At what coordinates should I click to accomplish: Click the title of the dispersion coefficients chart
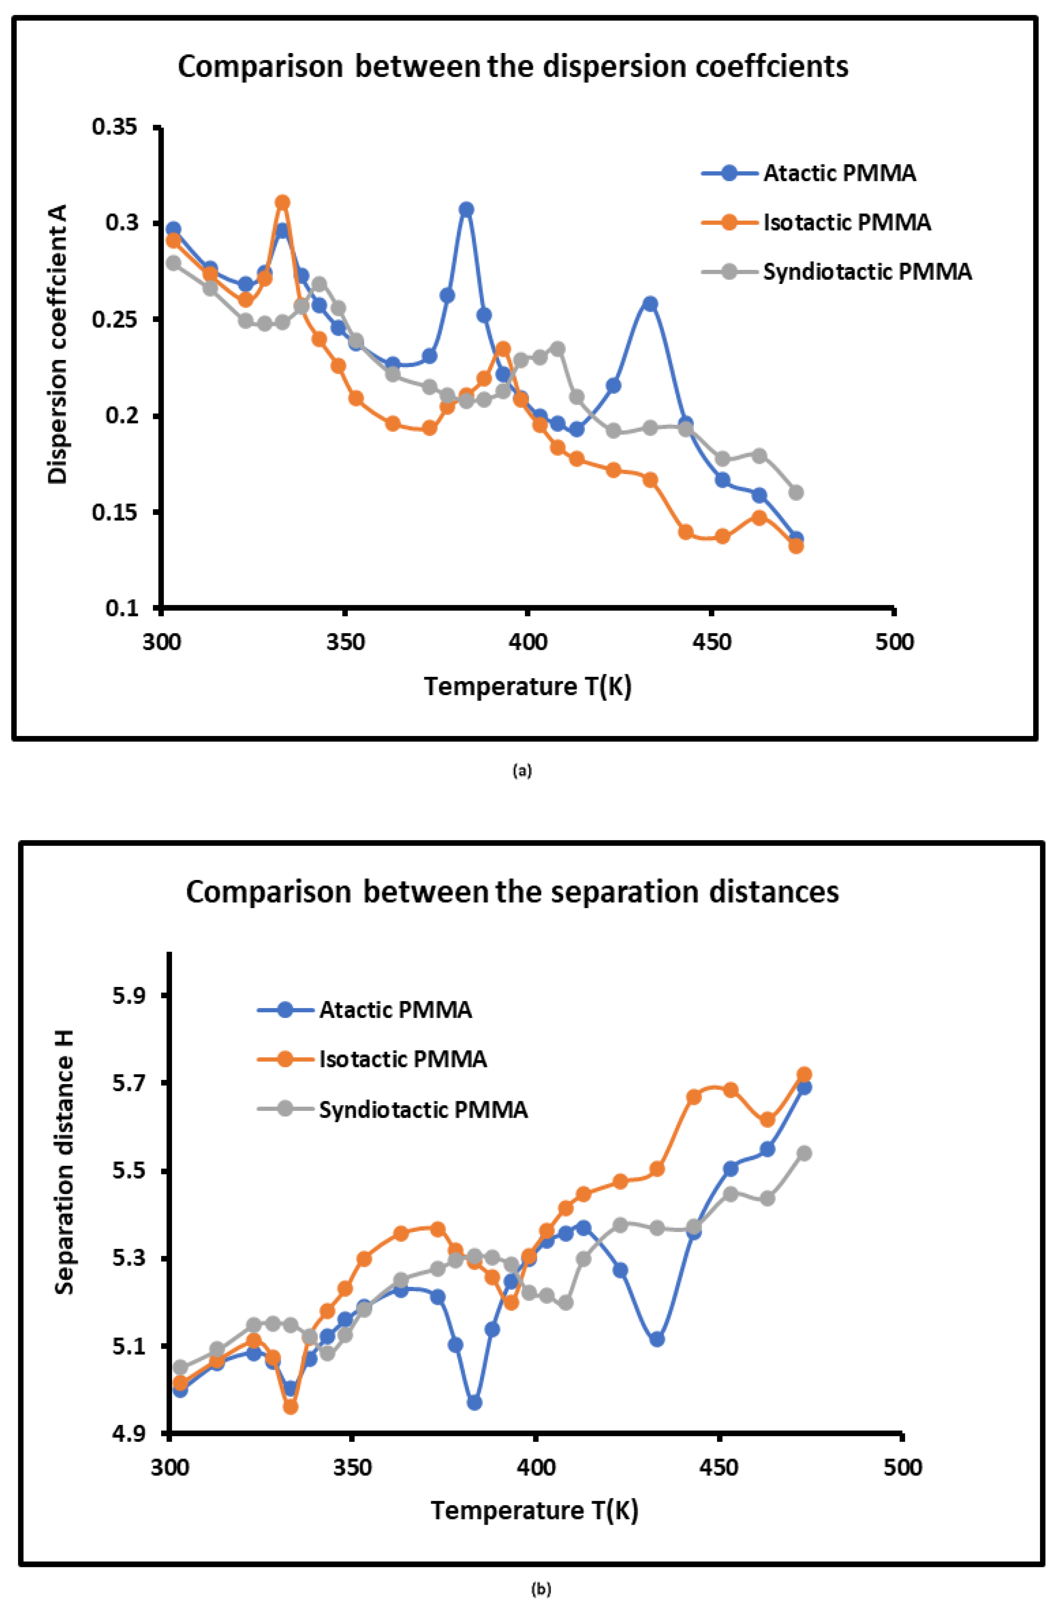(x=513, y=66)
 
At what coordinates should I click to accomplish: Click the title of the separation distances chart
(x=513, y=891)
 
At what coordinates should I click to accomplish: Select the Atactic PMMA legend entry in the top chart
(x=839, y=173)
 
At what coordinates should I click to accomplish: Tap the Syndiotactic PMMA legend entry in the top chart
(x=867, y=272)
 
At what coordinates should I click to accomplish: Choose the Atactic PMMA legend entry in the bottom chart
(x=395, y=1010)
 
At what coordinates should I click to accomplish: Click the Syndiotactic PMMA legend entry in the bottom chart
(x=423, y=1110)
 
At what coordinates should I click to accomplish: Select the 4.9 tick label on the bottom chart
(x=129, y=1433)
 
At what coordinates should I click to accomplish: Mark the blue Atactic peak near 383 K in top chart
(x=466, y=209)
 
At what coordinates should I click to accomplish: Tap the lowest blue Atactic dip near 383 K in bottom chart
(x=474, y=1402)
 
